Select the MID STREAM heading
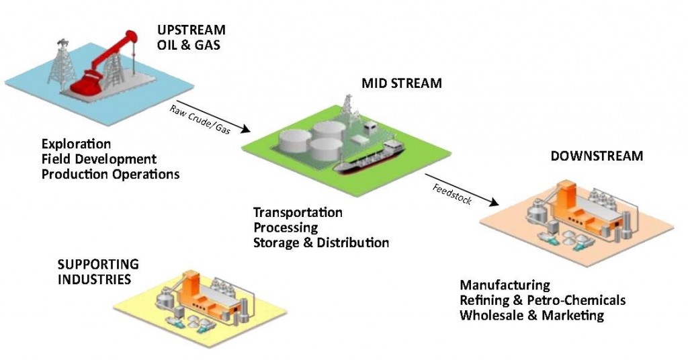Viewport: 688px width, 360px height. pyautogui.click(x=402, y=84)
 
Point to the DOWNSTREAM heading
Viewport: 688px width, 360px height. pyautogui.click(x=597, y=156)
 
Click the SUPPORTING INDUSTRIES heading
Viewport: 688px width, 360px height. pyautogui.click(x=98, y=271)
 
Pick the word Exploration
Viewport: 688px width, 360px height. pyautogui.click(x=76, y=144)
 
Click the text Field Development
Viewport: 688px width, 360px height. pyautogui.click(x=99, y=159)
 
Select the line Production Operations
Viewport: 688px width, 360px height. pyautogui.click(x=110, y=174)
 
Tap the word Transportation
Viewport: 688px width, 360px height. pyautogui.click(x=298, y=212)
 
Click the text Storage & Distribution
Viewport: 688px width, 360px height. pyautogui.click(x=320, y=242)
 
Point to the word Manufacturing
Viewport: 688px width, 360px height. pyautogui.click(x=505, y=285)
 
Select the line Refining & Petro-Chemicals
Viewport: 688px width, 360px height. pyautogui.click(x=542, y=300)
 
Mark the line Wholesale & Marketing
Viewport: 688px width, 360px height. pyautogui.click(x=531, y=315)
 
